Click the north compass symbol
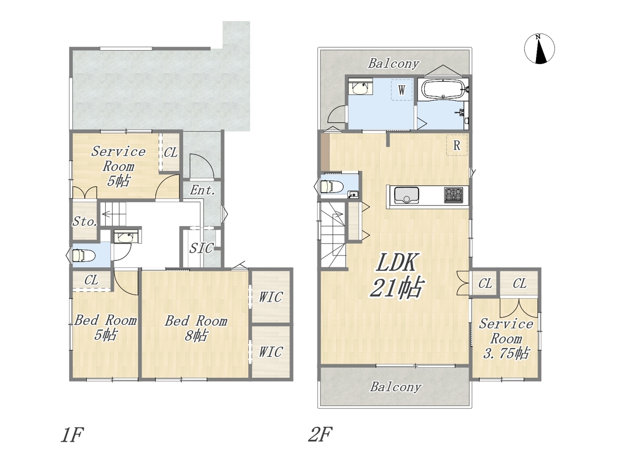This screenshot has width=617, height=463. [x=539, y=49]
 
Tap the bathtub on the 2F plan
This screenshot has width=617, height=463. [x=443, y=89]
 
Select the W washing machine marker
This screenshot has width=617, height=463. [x=402, y=90]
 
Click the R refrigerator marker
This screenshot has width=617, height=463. [x=457, y=145]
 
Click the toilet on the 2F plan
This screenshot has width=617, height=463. [x=332, y=187]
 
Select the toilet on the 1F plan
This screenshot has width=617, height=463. [x=84, y=256]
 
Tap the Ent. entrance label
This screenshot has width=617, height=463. [x=202, y=191]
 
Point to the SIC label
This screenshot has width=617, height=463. [x=201, y=248]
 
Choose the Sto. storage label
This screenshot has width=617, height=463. [x=85, y=221]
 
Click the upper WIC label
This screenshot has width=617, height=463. [x=270, y=297]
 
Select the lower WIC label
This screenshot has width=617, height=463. [x=270, y=352]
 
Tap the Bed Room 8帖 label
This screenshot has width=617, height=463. [x=196, y=328]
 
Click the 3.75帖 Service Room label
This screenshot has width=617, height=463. [x=506, y=339]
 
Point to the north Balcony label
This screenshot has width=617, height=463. [x=394, y=64]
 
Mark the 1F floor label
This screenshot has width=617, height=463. [x=72, y=435]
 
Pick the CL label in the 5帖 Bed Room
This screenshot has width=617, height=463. [x=92, y=280]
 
